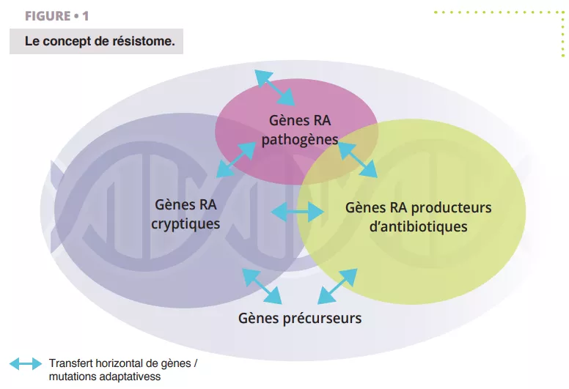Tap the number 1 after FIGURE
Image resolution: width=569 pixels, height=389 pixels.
point(85,16)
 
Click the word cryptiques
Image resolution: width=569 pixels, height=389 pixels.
point(186,223)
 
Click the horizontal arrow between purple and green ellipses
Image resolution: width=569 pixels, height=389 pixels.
point(298,212)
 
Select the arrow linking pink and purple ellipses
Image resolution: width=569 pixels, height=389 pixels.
point(235,160)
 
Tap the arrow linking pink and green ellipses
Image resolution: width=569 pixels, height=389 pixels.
point(358,160)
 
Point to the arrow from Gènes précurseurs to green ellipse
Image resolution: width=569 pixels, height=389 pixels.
point(337,285)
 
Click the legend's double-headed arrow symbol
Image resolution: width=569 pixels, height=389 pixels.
point(26,363)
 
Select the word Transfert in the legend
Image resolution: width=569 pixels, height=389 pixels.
point(70,363)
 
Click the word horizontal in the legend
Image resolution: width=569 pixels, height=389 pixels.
point(120,363)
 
